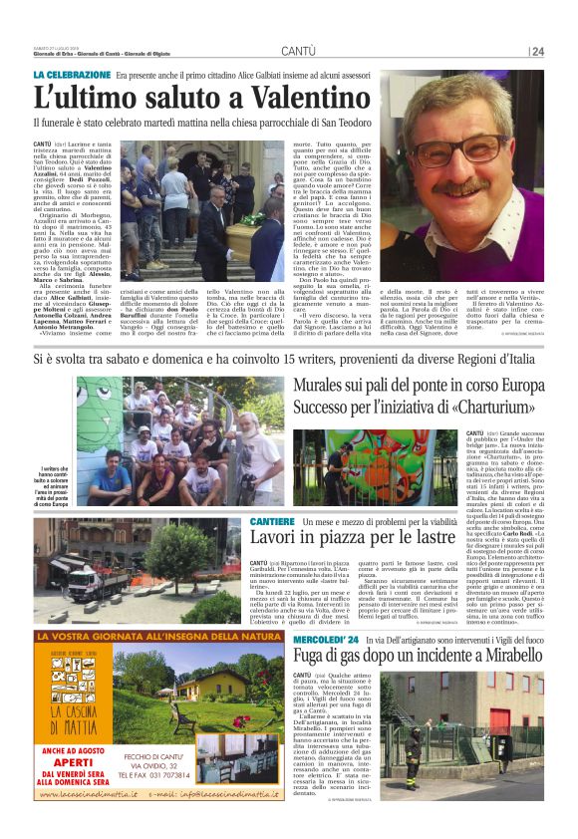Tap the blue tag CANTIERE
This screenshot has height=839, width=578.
(x=272, y=522)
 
